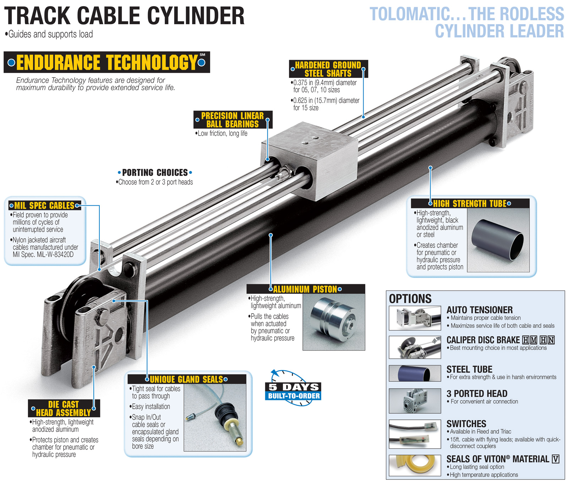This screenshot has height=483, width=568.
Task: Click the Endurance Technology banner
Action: pos(106,62)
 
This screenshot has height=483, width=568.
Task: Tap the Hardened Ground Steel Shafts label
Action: pos(328,69)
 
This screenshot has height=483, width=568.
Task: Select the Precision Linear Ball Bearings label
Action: pos(233,120)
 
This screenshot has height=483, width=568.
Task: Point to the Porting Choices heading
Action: pos(155,173)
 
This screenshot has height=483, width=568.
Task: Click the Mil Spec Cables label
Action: pos(44,206)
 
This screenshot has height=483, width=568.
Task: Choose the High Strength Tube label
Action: pos(469,203)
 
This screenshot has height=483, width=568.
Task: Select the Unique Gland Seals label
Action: pos(186,379)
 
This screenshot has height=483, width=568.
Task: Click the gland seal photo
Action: pos(215,417)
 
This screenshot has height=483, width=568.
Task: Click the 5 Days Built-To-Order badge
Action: pos(293,391)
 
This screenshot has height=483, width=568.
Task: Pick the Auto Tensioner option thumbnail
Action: pos(415,318)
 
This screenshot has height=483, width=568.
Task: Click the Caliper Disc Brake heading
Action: pos(483,340)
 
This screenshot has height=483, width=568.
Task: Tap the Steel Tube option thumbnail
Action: pos(415,373)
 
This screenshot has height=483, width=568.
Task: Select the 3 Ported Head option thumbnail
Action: pos(415,401)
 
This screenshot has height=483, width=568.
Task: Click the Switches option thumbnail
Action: pos(415,434)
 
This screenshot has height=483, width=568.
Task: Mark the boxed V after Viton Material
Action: pos(556,459)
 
